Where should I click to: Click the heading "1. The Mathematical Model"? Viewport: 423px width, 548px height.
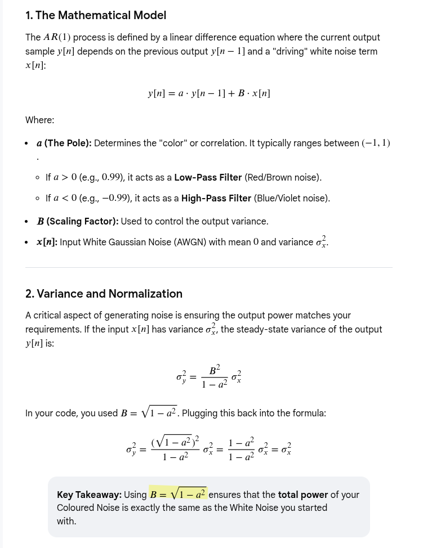[x=96, y=15]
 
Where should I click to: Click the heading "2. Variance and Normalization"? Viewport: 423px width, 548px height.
[x=104, y=294]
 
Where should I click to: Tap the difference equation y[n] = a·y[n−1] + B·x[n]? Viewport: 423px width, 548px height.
[x=209, y=93]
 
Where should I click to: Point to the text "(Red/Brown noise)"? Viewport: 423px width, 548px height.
[x=283, y=178]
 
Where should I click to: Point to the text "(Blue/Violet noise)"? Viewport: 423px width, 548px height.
[x=292, y=199]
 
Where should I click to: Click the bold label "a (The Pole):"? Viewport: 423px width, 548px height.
[x=64, y=143]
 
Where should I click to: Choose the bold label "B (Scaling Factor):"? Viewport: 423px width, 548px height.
[x=78, y=222]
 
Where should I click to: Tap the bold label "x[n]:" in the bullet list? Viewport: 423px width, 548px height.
[x=47, y=242]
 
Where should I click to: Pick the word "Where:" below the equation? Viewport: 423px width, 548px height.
[x=40, y=120]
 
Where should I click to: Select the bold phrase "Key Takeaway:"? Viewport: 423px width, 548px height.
[x=89, y=495]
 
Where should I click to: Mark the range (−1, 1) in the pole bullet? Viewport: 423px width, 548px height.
[x=376, y=143]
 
